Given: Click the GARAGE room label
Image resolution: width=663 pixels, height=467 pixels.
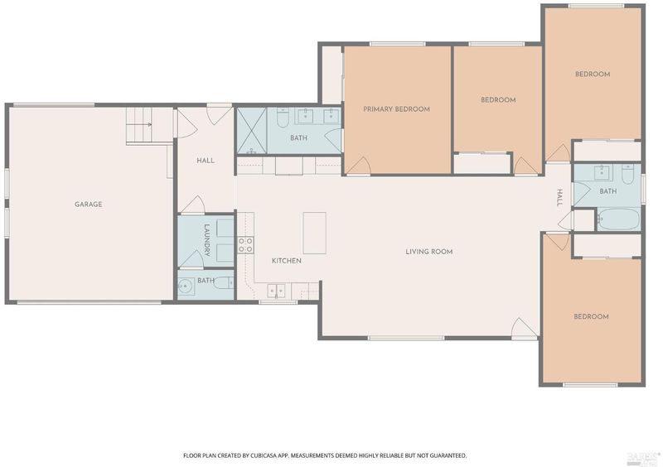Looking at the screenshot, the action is tap(89, 205).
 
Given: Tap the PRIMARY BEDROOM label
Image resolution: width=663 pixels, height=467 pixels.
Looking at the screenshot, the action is tap(396, 109).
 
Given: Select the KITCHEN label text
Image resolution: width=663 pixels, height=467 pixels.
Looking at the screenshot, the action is tap(286, 261).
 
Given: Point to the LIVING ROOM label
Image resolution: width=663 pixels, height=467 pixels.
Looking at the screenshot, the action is tap(428, 252).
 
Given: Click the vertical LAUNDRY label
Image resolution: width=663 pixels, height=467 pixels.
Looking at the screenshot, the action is tap(206, 240).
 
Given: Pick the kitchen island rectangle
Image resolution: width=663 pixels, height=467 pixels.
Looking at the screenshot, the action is tap(315, 233).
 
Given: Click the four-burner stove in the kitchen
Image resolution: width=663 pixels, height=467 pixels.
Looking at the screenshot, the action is tap(245, 245).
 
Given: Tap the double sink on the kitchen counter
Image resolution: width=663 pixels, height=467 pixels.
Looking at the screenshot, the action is tap(276, 291).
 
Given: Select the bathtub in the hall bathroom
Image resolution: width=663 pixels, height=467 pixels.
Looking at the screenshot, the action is tap(618, 219).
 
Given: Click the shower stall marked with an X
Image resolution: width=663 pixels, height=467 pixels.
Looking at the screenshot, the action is tap(252, 131).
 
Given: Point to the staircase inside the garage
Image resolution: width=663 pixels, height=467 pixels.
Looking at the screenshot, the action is tap(138, 126).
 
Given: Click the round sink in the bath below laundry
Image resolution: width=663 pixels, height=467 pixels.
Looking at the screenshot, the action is tap(185, 287).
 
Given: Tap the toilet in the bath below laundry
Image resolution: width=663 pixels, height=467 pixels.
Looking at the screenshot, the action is tap(224, 282).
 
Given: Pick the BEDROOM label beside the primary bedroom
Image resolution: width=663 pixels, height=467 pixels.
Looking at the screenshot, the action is tap(498, 100).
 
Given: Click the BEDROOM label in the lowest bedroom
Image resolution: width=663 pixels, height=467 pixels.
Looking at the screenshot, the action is tap(591, 316).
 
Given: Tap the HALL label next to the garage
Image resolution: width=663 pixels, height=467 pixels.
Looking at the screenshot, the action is tap(206, 161).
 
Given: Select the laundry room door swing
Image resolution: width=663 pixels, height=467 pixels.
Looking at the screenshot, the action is tap(191, 258).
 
